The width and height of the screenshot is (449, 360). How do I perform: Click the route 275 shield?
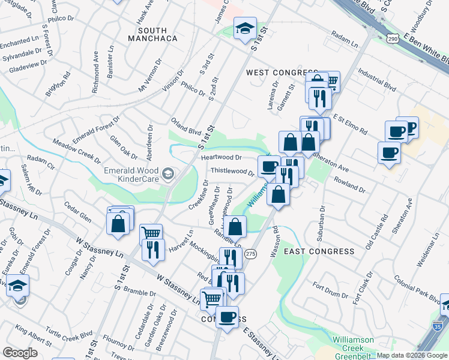coord(250,254)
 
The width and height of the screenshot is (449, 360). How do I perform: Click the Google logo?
coord(20,353)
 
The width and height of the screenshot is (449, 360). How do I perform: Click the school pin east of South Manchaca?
coord(244,28)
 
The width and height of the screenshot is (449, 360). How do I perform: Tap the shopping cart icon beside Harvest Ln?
coord(151,233)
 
